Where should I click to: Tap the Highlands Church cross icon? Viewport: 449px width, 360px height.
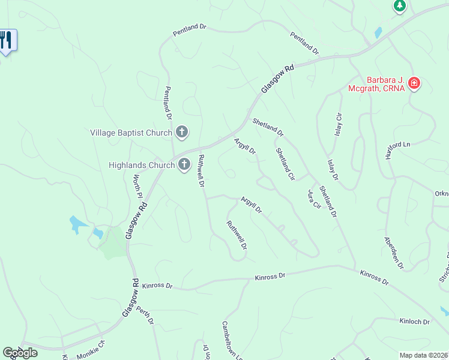(184, 164)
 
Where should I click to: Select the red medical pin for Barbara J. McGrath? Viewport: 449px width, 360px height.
(414, 83)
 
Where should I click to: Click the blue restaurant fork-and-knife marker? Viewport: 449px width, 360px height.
(7, 41)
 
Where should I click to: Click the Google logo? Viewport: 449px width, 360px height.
(20, 353)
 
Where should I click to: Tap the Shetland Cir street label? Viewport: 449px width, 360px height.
(285, 164)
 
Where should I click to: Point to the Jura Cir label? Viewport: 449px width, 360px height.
(314, 199)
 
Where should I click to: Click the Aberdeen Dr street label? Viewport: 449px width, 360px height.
(394, 252)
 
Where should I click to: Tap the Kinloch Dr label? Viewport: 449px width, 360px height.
(415, 322)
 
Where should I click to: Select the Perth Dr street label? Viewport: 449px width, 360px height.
(145, 316)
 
